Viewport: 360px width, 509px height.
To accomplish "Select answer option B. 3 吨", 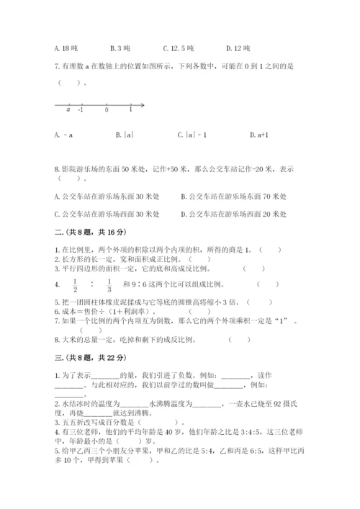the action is point(120,49).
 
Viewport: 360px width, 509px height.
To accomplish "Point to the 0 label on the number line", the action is point(107,110).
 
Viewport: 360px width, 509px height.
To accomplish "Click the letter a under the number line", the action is point(68,110).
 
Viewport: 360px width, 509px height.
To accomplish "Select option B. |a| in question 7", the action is point(125,135).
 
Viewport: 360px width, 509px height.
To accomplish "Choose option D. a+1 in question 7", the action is point(258,135).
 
